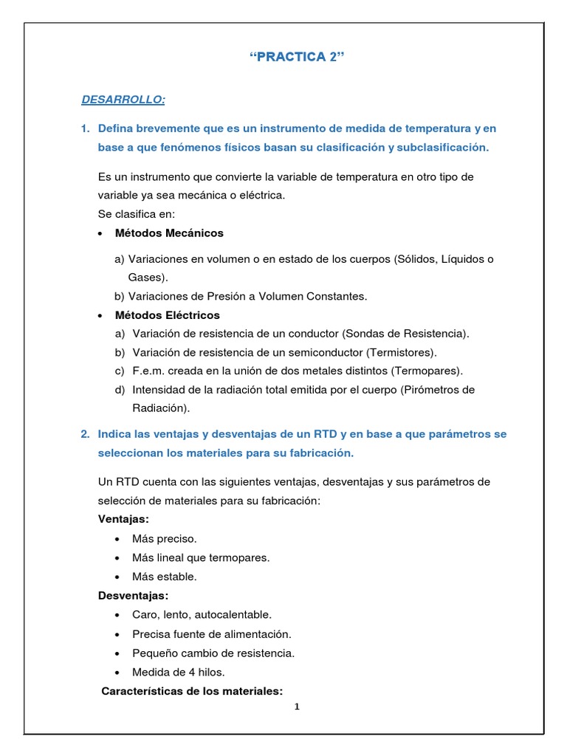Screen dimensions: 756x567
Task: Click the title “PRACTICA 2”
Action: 298,60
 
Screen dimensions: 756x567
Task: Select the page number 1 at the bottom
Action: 297,707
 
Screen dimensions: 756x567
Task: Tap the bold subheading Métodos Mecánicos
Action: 169,233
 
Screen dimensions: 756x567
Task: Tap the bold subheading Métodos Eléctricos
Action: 168,315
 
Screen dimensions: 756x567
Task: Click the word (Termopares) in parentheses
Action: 429,371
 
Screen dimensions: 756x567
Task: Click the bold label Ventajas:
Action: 123,520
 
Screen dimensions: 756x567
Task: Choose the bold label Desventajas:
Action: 133,595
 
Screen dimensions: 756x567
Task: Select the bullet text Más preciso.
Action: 164,539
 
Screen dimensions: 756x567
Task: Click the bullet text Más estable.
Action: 164,577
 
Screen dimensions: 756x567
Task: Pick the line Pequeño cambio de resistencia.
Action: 213,653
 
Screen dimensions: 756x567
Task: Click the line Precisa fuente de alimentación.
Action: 211,633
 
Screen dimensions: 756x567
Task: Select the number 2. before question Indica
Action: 85,434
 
